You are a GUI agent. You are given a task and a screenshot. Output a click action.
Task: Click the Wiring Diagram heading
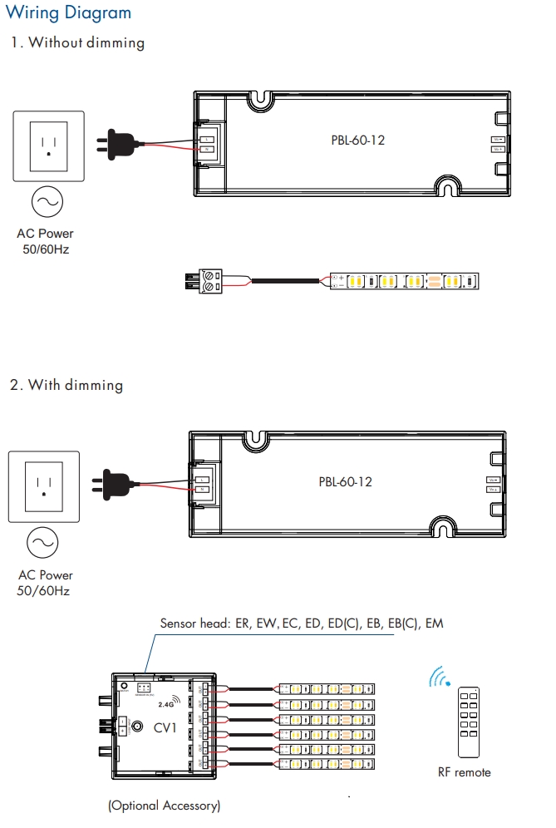[x=68, y=13]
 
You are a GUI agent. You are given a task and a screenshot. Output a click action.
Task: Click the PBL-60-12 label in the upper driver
[x=357, y=140]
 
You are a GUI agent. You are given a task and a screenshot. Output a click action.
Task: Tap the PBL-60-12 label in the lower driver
[x=346, y=481]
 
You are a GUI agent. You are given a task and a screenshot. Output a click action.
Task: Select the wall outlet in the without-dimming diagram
[x=48, y=145]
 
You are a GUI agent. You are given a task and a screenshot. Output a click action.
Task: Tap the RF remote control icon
[x=469, y=721]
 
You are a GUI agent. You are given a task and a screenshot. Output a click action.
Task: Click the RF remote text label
[x=464, y=772]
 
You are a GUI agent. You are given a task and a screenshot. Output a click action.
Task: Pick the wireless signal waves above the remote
[x=438, y=678]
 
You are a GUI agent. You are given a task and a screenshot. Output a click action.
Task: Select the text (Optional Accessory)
[x=164, y=806]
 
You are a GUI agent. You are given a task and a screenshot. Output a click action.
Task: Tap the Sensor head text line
[x=302, y=623]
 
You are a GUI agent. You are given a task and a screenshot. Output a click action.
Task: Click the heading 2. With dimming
[x=66, y=385]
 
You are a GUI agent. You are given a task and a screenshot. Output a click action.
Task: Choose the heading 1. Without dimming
[x=77, y=42]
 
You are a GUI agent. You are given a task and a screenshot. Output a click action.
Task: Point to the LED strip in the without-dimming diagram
[x=406, y=282]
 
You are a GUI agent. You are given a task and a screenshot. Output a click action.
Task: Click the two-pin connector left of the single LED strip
[x=204, y=281]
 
